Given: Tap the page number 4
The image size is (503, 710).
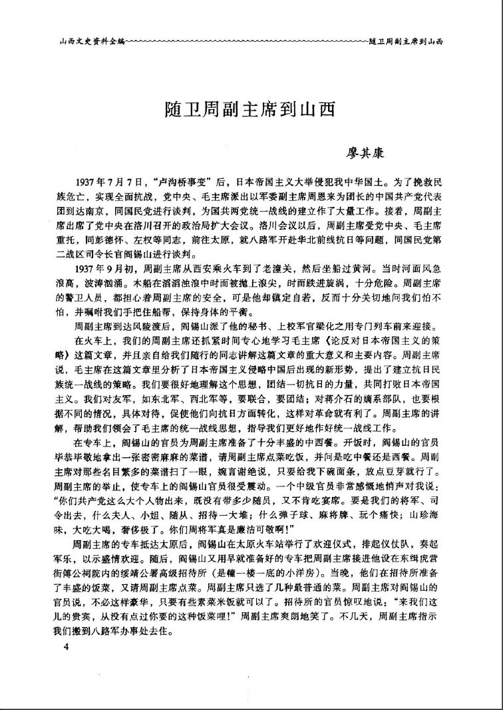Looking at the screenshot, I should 65,646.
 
